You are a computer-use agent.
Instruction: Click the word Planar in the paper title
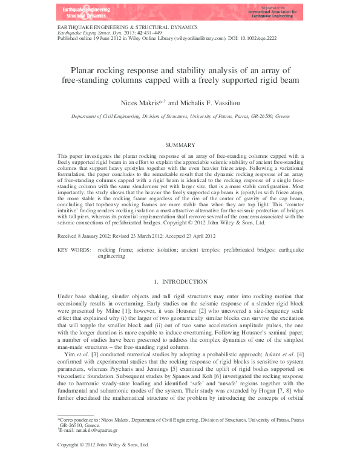click(86, 70)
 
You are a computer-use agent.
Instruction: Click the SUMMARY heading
click(180, 145)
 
